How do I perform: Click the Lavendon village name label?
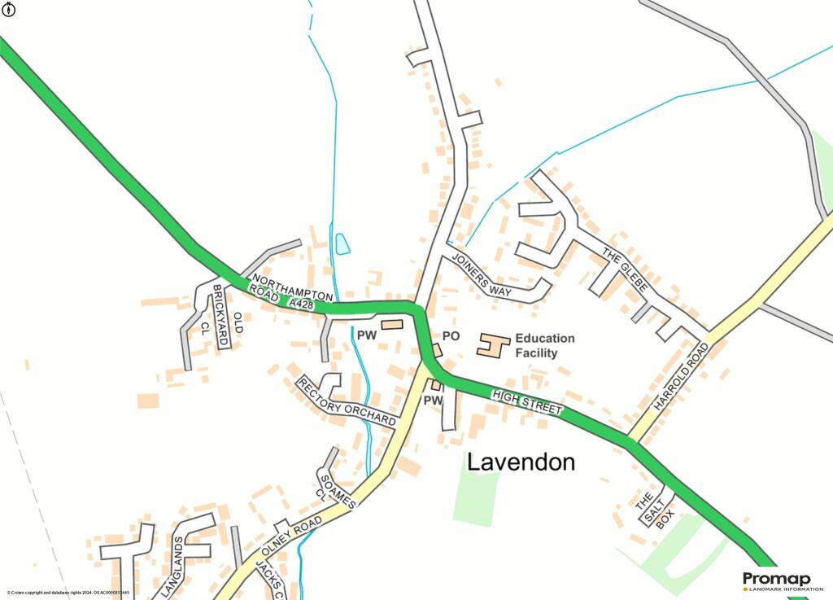point(521,462)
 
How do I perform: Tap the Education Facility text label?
point(544,345)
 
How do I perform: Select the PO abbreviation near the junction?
point(451,336)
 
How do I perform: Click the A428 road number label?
point(301,303)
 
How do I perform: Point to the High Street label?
point(527,401)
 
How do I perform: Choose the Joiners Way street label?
point(485,275)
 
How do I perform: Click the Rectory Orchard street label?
point(346,401)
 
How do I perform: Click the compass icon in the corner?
point(10,10)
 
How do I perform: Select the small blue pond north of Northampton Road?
point(342,243)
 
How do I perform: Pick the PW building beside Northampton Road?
point(392,325)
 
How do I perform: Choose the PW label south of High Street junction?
point(433,401)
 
